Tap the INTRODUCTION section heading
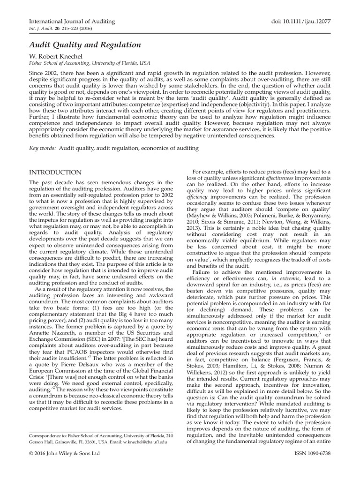click(x=55, y=172)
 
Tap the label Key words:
click(x=42, y=148)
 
